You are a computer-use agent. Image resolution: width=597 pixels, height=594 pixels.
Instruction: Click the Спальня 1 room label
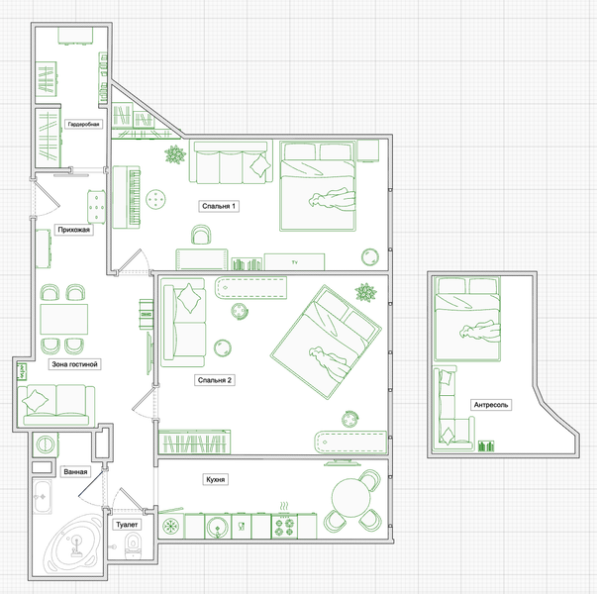(x=219, y=206)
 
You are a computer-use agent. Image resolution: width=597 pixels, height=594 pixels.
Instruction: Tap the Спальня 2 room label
(x=215, y=380)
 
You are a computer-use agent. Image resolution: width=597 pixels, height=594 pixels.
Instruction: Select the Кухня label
(x=215, y=479)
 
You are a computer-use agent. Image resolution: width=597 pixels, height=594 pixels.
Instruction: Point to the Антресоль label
(x=491, y=405)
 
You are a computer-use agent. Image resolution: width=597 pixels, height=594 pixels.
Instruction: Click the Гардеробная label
(x=83, y=124)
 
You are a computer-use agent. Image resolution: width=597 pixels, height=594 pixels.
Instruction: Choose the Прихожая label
(x=74, y=230)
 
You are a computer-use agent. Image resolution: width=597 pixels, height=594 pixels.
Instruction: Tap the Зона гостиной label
(x=74, y=364)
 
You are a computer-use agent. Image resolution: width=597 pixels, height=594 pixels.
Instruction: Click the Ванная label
(x=75, y=472)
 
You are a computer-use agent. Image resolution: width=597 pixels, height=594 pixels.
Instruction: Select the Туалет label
(x=127, y=525)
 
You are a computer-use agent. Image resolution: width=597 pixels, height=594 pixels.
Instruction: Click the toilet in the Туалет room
(x=133, y=545)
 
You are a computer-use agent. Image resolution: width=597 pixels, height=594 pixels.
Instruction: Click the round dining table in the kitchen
(x=350, y=497)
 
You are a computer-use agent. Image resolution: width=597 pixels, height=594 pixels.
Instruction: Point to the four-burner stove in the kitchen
(x=284, y=527)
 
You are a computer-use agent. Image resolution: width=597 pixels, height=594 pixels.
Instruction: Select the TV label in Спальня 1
(x=295, y=262)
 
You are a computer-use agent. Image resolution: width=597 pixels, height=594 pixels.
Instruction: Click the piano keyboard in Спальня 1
(x=127, y=197)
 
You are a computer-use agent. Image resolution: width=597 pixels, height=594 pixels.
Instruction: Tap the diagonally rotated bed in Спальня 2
(x=326, y=342)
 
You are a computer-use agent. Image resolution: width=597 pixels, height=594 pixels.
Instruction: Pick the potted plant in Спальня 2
(x=366, y=292)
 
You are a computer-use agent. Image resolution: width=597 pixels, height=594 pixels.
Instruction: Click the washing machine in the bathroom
(x=46, y=444)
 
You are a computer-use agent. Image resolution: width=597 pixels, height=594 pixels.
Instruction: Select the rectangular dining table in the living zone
(x=64, y=319)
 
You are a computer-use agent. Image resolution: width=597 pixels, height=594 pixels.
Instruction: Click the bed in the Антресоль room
(x=467, y=319)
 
